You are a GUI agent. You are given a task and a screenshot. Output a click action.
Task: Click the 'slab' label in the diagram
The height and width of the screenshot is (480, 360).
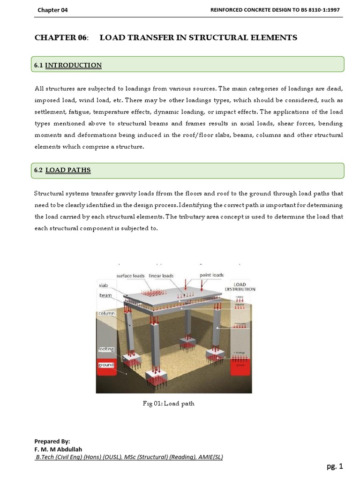tap(103, 285)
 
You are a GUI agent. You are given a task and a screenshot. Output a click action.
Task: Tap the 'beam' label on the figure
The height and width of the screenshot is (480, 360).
tap(105, 296)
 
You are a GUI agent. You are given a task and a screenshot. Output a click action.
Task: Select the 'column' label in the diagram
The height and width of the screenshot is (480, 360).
tap(106, 313)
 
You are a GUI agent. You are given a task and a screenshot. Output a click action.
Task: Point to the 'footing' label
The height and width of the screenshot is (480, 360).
tap(106, 349)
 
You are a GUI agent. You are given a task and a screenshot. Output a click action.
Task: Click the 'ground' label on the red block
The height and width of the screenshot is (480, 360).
tap(106, 365)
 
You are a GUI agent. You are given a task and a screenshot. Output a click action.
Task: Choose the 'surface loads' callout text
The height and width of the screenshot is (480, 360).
tap(130, 276)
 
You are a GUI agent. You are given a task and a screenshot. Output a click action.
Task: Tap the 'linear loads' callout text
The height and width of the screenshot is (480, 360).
tap(161, 276)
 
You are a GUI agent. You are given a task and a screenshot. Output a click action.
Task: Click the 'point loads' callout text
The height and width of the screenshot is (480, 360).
tap(211, 275)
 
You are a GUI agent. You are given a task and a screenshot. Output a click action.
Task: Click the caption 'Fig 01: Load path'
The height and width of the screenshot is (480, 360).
tap(168, 404)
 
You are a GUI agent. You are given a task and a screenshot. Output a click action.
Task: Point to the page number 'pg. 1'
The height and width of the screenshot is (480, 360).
tap(335, 466)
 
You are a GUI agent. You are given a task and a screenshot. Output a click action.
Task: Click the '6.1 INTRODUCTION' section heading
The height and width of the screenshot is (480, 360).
tap(68, 65)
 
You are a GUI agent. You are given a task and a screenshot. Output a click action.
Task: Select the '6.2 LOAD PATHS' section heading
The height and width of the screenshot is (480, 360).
tap(62, 170)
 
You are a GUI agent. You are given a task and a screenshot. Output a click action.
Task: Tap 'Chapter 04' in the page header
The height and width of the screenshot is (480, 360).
tap(52, 10)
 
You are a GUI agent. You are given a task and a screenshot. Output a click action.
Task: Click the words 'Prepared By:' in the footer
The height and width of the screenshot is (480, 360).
tap(52, 442)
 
